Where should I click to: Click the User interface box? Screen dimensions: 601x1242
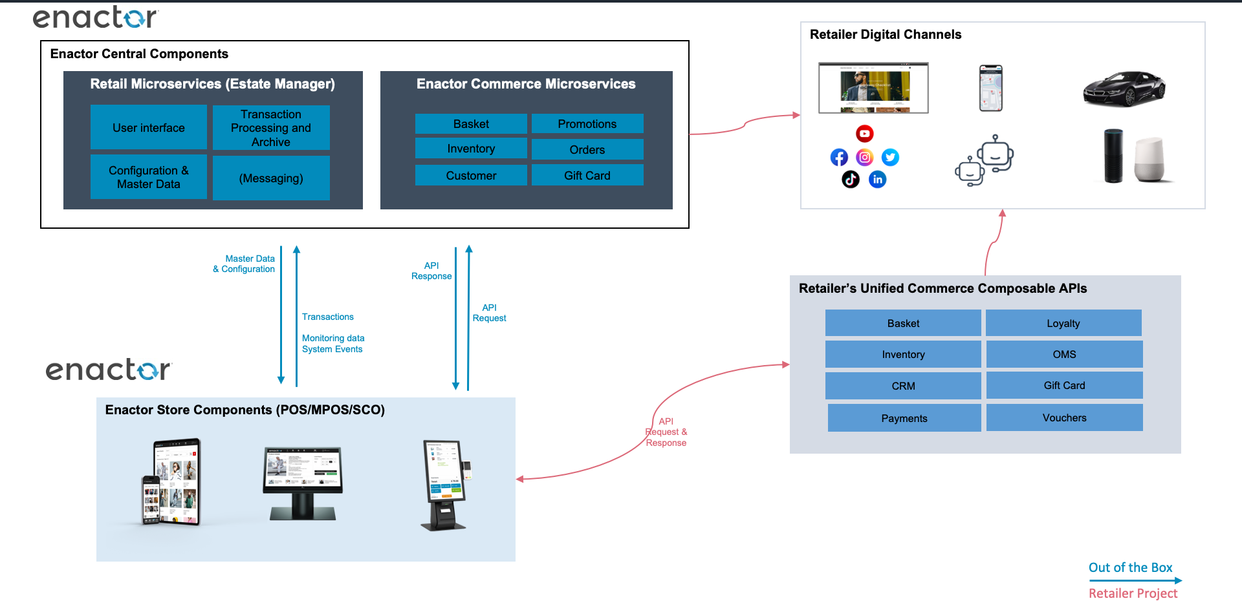point(148,128)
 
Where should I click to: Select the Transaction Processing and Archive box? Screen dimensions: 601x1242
point(271,128)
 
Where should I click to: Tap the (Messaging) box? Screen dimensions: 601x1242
point(271,178)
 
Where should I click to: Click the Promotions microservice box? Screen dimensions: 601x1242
point(587,124)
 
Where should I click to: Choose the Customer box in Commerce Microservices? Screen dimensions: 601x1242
point(471,176)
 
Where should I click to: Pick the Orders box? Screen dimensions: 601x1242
point(587,150)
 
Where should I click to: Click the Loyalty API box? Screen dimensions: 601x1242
point(1063,323)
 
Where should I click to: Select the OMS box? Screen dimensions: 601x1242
point(1064,354)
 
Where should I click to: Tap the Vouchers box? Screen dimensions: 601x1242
point(1064,418)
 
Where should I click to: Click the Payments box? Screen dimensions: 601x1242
point(904,418)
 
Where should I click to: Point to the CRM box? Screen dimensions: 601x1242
point(903,386)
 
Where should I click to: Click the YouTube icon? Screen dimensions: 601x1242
point(865,134)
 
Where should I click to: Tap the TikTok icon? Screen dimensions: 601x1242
point(851,179)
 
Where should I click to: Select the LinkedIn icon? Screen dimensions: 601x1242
point(877,180)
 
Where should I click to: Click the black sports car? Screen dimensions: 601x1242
point(1124,89)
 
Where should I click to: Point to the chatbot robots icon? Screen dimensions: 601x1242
point(984,161)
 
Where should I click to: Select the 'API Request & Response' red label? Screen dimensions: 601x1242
point(666,432)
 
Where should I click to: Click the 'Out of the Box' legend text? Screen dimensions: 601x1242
point(1130,567)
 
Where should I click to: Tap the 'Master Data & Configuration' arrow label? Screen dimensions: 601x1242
point(245,264)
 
